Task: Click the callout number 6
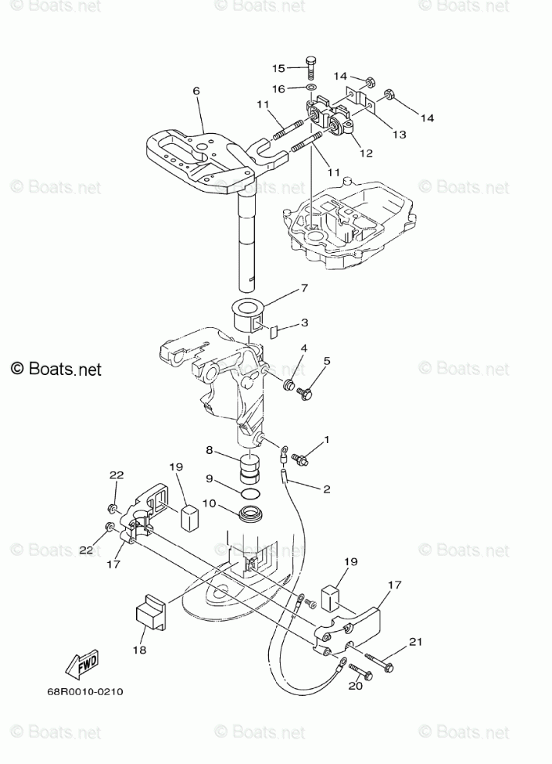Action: pyautogui.click(x=196, y=91)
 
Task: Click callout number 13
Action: pyautogui.click(x=399, y=135)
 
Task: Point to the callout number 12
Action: pyautogui.click(x=366, y=153)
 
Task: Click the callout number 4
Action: pyautogui.click(x=304, y=349)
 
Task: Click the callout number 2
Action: pyautogui.click(x=326, y=489)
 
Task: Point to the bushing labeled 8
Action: pyautogui.click(x=250, y=469)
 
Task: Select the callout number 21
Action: pyautogui.click(x=417, y=641)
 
